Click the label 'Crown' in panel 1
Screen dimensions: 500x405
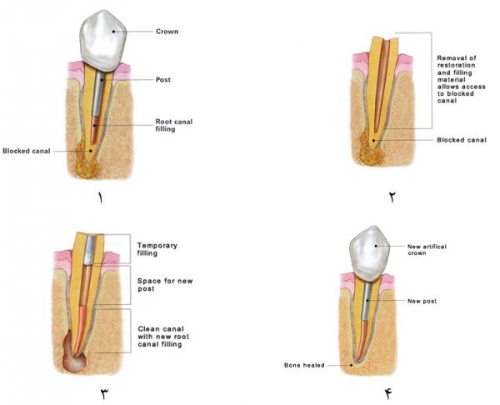pos(167,32)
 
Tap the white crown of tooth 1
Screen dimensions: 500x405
pos(102,41)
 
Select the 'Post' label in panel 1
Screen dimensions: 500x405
pos(163,80)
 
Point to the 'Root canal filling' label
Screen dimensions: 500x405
pos(174,125)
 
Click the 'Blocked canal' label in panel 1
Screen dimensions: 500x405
pos(27,151)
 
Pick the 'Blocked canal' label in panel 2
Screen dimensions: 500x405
pos(462,140)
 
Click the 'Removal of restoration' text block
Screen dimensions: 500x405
pos(461,79)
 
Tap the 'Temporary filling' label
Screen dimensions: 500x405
pos(157,249)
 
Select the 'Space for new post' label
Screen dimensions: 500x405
pos(165,285)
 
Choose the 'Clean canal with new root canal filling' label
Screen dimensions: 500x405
pos(163,337)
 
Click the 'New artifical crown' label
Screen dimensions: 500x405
pos(427,250)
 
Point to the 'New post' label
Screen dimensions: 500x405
pos(422,301)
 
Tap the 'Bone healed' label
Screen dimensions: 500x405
pos(304,366)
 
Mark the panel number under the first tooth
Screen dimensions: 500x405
pos(101,198)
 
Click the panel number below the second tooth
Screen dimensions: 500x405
pos(392,197)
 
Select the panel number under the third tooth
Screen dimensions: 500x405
pos(105,394)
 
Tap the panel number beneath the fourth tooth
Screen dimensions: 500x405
pos(388,394)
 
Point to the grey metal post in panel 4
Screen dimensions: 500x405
pos(367,301)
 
